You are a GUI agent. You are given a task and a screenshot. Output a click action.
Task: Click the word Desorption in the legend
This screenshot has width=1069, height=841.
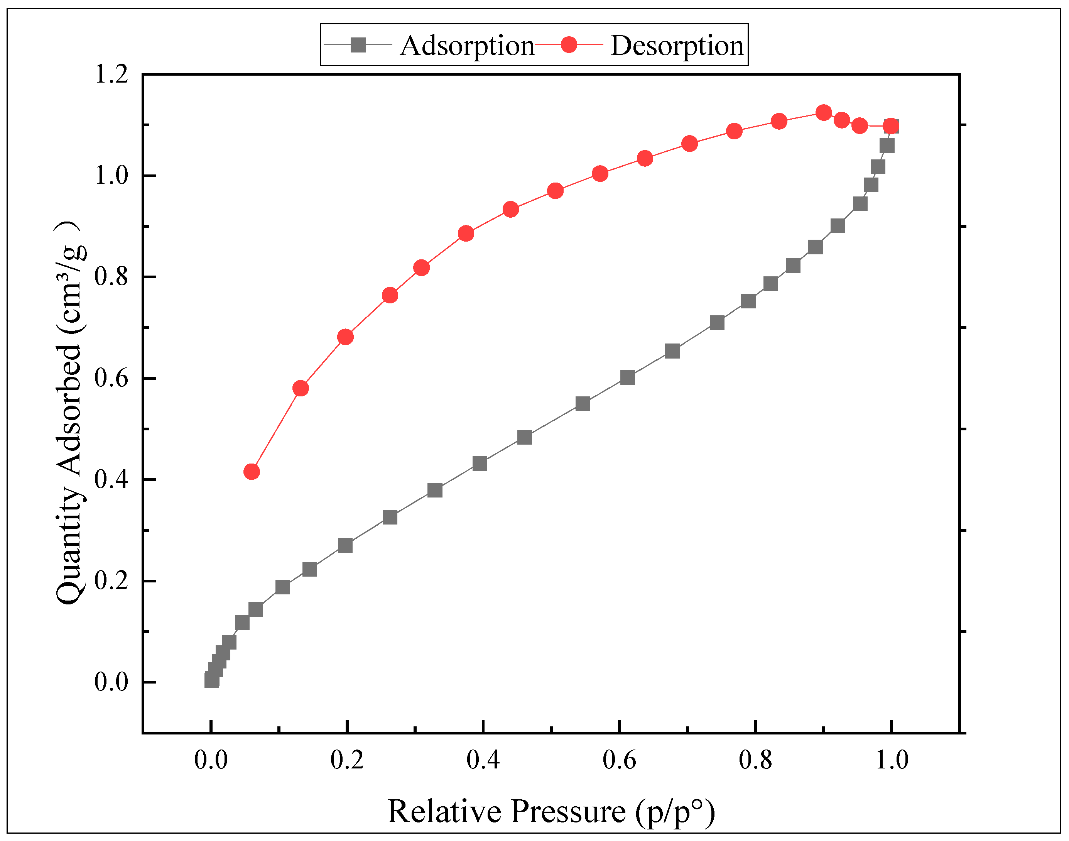click(677, 46)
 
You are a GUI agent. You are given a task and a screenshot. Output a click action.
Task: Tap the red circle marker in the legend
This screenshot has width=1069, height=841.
click(569, 45)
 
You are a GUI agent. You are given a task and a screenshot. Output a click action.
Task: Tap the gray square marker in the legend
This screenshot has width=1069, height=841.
click(358, 45)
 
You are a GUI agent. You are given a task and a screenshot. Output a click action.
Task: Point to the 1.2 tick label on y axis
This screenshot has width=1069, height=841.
click(111, 75)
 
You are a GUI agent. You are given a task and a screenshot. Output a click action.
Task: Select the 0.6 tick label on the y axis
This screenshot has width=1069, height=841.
click(111, 378)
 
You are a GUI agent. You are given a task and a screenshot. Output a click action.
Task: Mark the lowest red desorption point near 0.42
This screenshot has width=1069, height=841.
click(252, 472)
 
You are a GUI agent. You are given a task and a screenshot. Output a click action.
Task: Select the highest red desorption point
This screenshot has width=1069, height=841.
click(823, 113)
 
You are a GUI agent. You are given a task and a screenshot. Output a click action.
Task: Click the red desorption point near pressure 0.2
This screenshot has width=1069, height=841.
click(346, 337)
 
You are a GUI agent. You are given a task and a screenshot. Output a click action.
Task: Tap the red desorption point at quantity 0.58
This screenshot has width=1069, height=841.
click(300, 389)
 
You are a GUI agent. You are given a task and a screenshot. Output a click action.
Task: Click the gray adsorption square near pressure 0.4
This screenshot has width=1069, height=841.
click(480, 463)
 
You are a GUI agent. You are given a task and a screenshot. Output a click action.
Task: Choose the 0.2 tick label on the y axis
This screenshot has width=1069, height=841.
click(111, 581)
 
